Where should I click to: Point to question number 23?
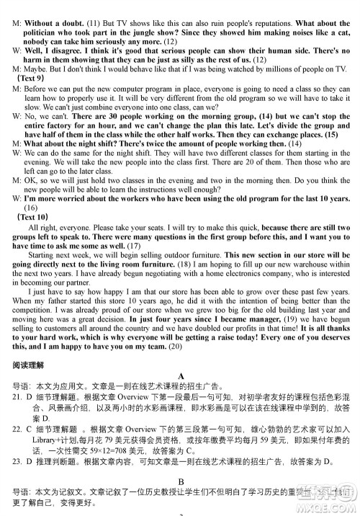click(18, 461)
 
